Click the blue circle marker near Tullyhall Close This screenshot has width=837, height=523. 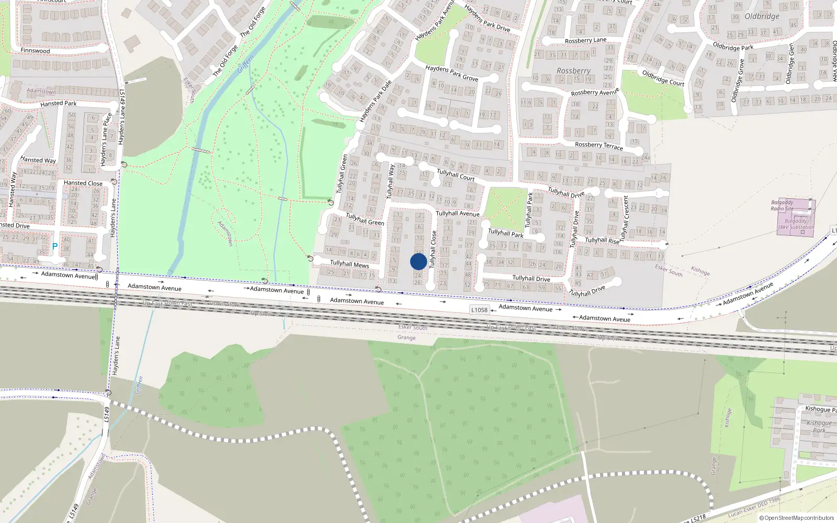pyautogui.click(x=418, y=261)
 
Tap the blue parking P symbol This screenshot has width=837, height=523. pyautogui.click(x=54, y=246)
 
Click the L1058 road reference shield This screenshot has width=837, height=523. pyautogui.click(x=479, y=310)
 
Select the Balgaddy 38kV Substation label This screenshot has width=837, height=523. pyautogui.click(x=795, y=224)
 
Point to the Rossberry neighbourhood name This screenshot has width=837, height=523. pyautogui.click(x=573, y=71)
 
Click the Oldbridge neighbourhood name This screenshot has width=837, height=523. pyautogui.click(x=762, y=16)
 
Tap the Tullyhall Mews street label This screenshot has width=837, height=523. pyautogui.click(x=349, y=264)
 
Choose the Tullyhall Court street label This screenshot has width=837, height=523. pyautogui.click(x=456, y=175)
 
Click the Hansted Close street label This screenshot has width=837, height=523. pyautogui.click(x=83, y=183)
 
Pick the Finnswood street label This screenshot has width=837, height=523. pyautogui.click(x=35, y=51)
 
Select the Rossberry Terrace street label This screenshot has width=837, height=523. pyautogui.click(x=598, y=145)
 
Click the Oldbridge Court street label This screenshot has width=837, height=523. pyautogui.click(x=663, y=78)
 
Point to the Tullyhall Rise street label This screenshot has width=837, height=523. pyautogui.click(x=602, y=241)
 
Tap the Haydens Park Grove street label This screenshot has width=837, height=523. pyautogui.click(x=451, y=73)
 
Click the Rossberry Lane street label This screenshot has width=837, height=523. pyautogui.click(x=585, y=40)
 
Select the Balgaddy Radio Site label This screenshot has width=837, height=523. pyautogui.click(x=782, y=205)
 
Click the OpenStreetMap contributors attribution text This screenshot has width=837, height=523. pyautogui.click(x=796, y=518)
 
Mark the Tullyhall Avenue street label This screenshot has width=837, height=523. pyautogui.click(x=457, y=213)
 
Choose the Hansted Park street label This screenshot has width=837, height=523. pyautogui.click(x=58, y=104)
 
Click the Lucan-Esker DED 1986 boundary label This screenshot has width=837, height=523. pyautogui.click(x=754, y=507)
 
